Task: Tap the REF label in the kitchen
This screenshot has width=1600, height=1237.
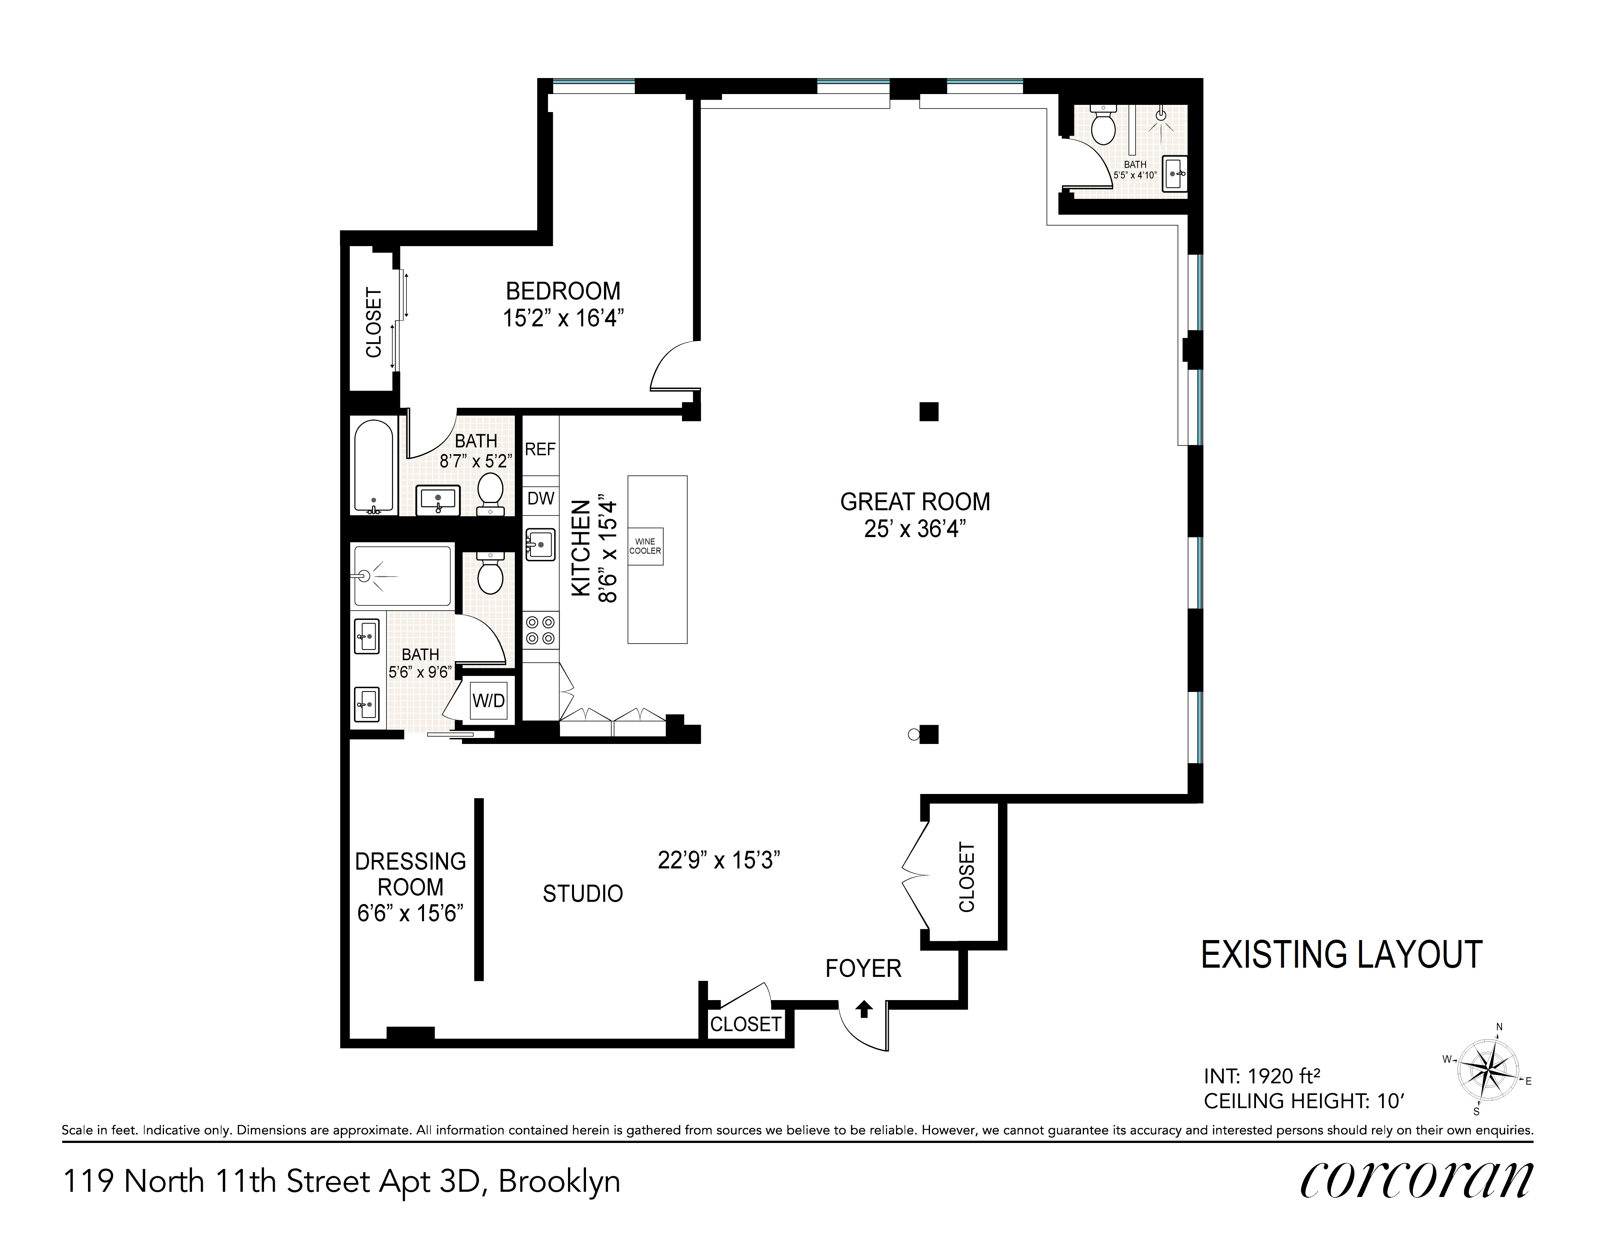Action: point(541,449)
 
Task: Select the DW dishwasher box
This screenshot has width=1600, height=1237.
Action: point(541,498)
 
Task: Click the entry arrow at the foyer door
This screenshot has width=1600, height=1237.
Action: point(864,1009)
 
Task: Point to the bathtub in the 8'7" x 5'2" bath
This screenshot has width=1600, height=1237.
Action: point(374,465)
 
